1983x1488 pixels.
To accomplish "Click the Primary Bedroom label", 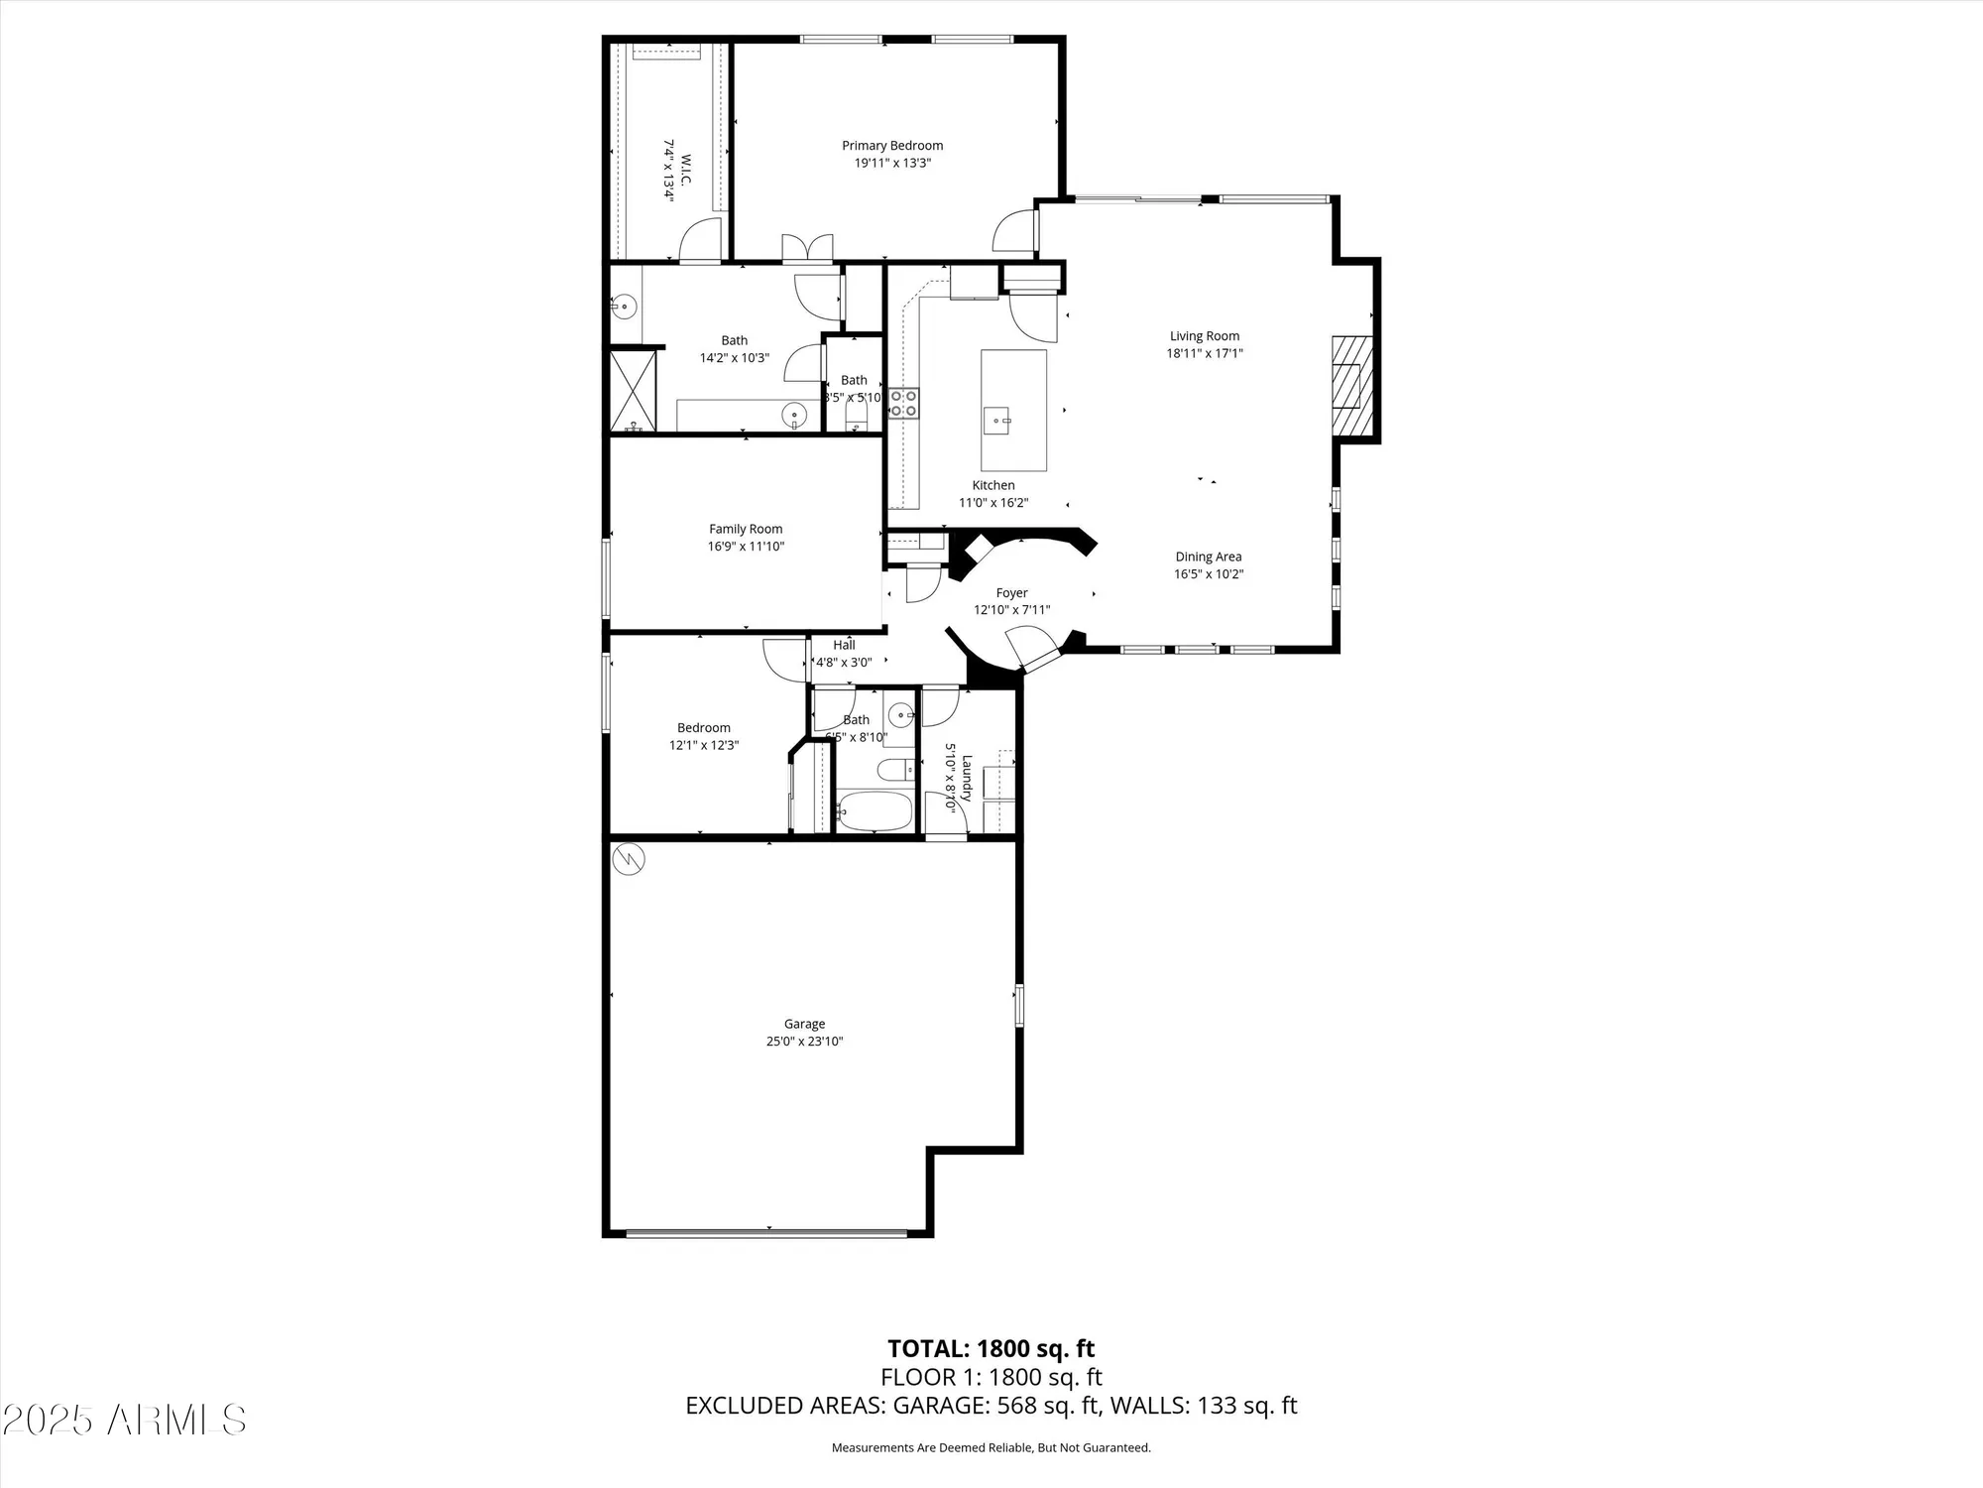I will tap(892, 146).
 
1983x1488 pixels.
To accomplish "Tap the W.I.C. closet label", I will tap(685, 170).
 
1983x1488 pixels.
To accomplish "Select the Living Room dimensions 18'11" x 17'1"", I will tap(1205, 353).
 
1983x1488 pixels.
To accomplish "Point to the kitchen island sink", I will tap(996, 421).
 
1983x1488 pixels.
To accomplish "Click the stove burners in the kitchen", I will tap(903, 403).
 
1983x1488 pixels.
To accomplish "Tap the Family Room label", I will tap(746, 529).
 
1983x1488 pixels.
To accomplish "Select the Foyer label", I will tap(1011, 593).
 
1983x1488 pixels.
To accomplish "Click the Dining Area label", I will tap(1208, 557).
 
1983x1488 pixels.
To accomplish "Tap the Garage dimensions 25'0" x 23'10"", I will tap(804, 1042).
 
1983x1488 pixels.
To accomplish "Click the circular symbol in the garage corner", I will tap(629, 859).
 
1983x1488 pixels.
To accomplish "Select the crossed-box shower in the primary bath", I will tap(633, 390).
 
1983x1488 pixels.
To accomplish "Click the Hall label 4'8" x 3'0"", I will tap(844, 654).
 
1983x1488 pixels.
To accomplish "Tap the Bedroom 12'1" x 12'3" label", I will tap(704, 736).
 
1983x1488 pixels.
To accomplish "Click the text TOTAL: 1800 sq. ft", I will tap(991, 1349).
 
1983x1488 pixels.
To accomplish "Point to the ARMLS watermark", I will tap(124, 1420).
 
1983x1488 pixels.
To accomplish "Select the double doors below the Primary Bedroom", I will tap(807, 247).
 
